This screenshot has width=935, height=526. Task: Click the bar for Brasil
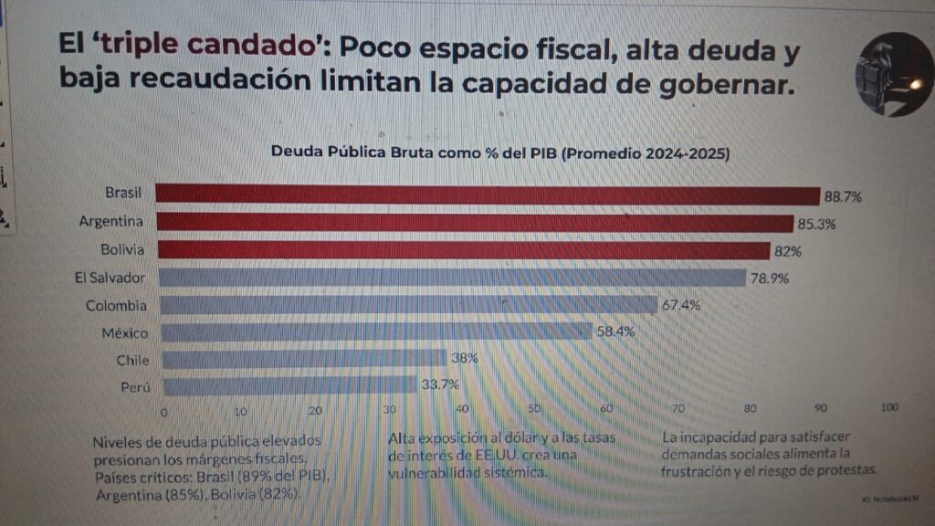point(488,195)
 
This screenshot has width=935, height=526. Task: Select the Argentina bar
point(475,223)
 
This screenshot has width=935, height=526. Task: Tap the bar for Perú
point(289,386)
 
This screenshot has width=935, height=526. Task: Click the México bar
point(374,331)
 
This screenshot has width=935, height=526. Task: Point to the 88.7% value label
point(843,196)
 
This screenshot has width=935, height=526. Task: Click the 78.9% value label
point(770,278)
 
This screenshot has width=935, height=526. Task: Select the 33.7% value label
point(440,385)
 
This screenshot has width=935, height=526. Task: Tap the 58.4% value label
point(615,331)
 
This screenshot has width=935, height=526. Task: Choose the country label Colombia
point(116,305)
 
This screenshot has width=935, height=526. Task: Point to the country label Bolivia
point(125,248)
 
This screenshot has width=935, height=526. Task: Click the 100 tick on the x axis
point(888,408)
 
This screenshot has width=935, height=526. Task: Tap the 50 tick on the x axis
point(535,408)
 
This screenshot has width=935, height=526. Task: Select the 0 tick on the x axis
point(164,410)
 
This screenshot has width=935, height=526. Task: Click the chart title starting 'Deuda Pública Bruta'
point(500,153)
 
